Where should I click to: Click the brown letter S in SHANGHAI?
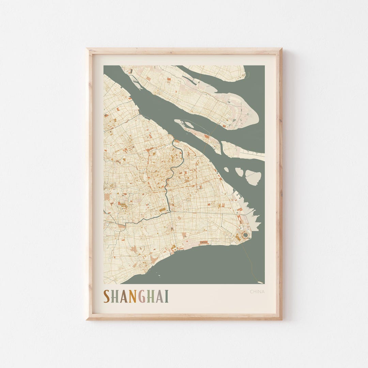[x=107, y=296]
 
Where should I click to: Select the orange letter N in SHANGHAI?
[x=133, y=296]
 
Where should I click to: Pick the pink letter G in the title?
[x=142, y=296]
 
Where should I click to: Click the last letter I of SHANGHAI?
[x=167, y=296]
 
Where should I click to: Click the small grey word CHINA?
[x=257, y=292]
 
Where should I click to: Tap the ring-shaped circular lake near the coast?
[x=245, y=234]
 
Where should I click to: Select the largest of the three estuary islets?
[x=253, y=177]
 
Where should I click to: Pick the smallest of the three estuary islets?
[x=226, y=169]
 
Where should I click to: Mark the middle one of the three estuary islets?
[x=240, y=172]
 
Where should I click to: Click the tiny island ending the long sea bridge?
[x=260, y=282]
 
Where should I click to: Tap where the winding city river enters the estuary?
[x=174, y=140]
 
